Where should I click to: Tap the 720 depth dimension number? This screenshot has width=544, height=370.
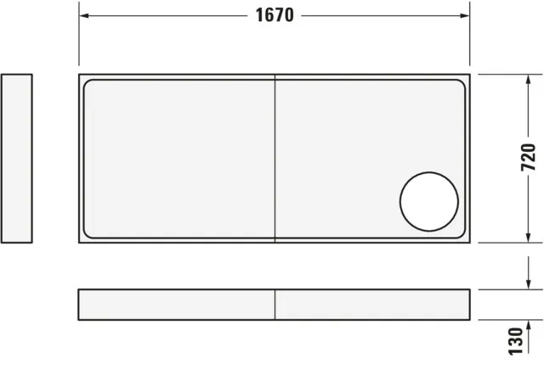pos(528,159)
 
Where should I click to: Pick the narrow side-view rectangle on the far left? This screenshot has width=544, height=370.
pos(17,159)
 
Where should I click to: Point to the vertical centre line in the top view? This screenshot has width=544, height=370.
pos(275,159)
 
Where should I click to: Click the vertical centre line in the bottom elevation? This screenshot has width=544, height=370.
pos(275,305)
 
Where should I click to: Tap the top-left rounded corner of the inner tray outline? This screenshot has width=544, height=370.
pos(88,83)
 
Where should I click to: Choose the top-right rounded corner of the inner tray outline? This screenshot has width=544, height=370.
pos(462,83)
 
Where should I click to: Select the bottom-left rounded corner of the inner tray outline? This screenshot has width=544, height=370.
pos(88,235)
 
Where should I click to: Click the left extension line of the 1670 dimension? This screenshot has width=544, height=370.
pos(79,38)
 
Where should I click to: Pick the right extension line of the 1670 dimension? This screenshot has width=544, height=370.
pos(470,38)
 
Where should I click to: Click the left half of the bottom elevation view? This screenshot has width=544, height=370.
pos(177,305)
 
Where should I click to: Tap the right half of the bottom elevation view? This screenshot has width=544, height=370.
pos(372,305)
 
